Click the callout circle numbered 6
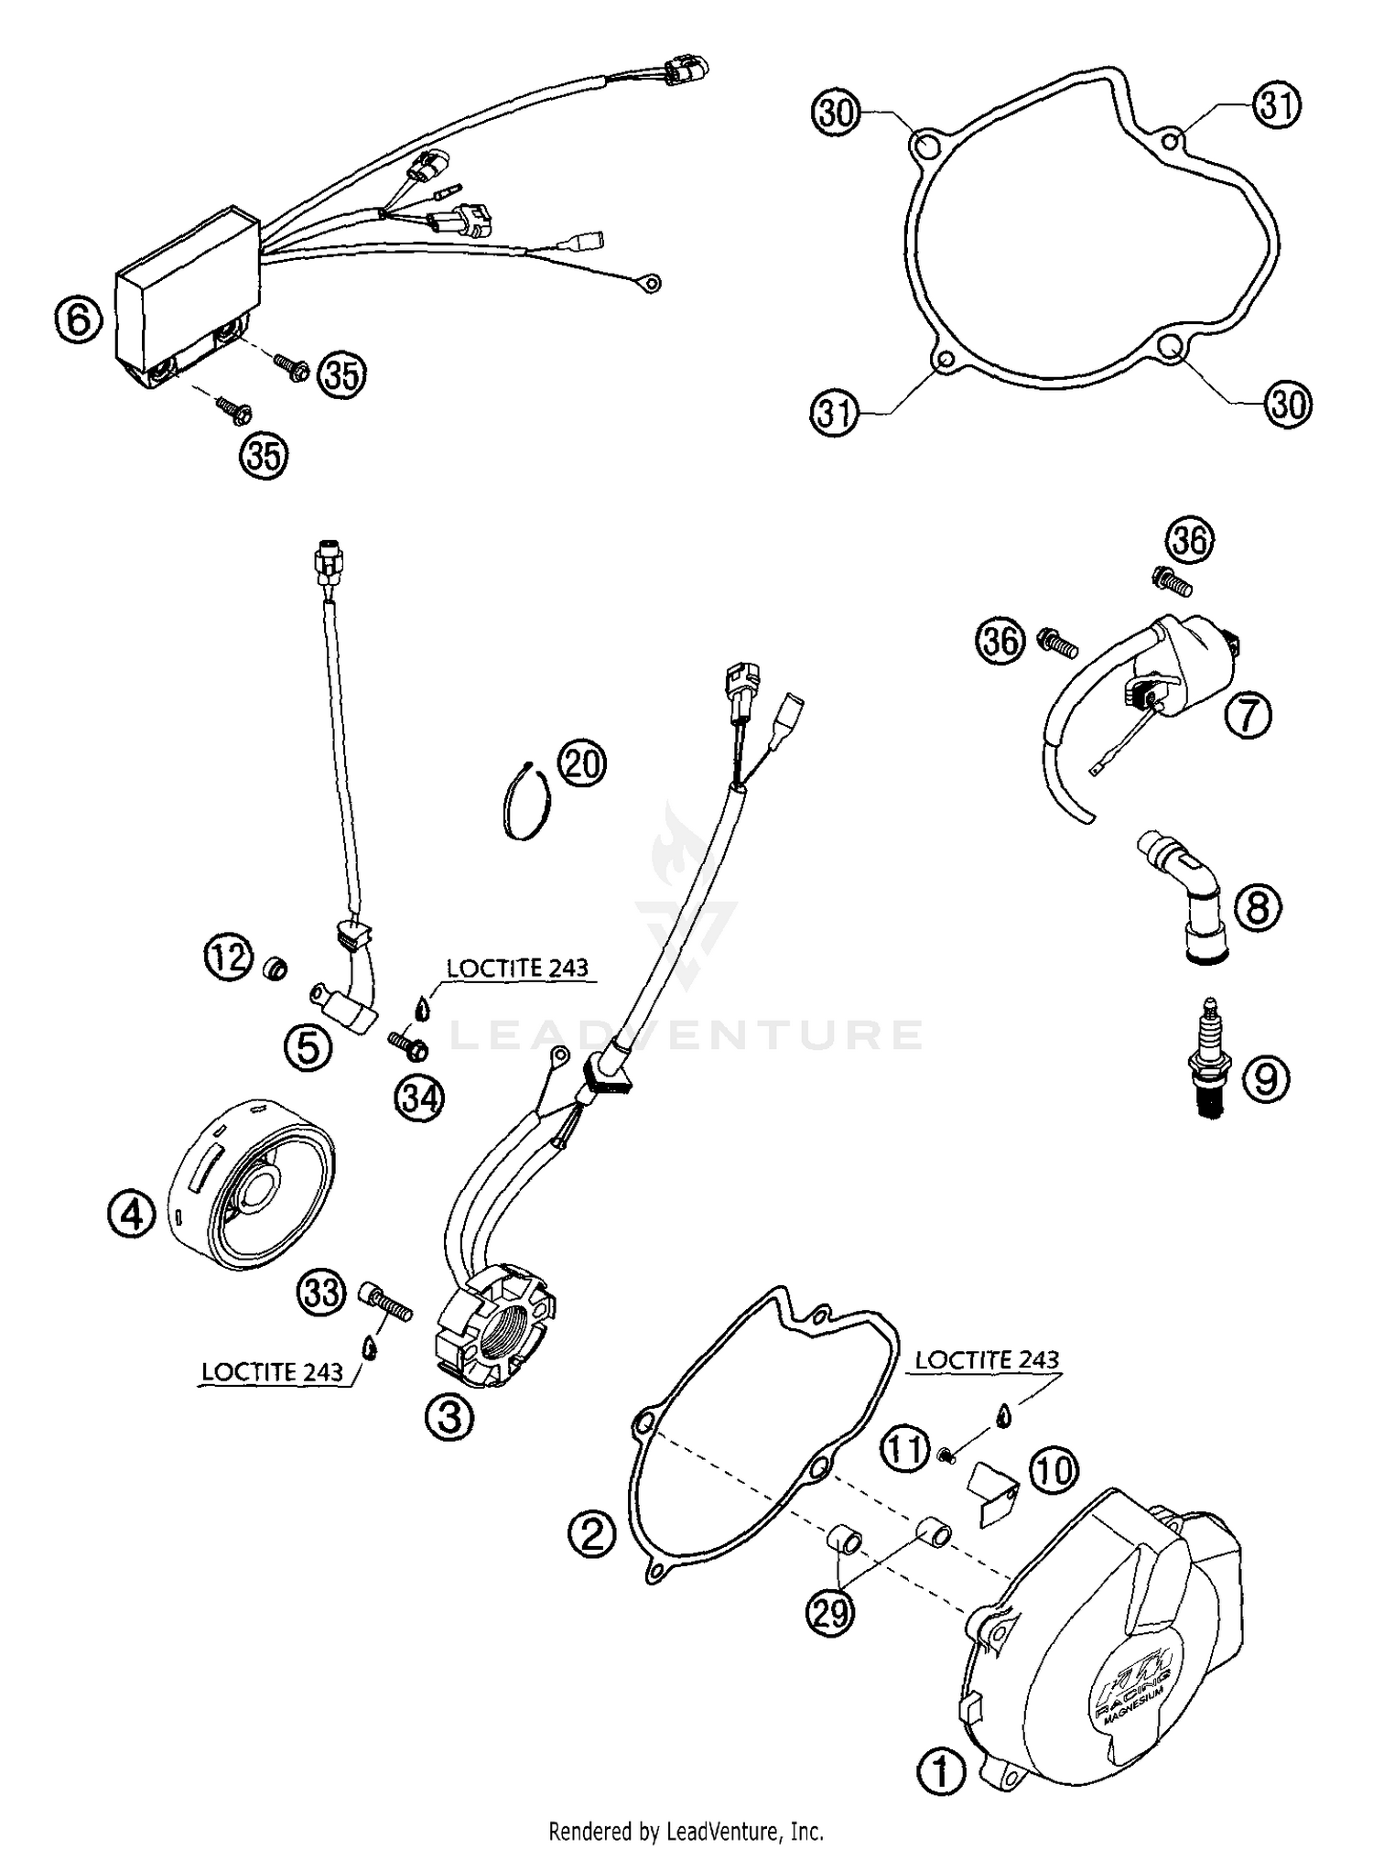[79, 321]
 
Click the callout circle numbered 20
[583, 763]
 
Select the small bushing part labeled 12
[273, 967]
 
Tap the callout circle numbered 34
[419, 1098]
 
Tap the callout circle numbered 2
[592, 1531]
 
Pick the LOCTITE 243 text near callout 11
[987, 1360]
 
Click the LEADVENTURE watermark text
[686, 1035]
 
